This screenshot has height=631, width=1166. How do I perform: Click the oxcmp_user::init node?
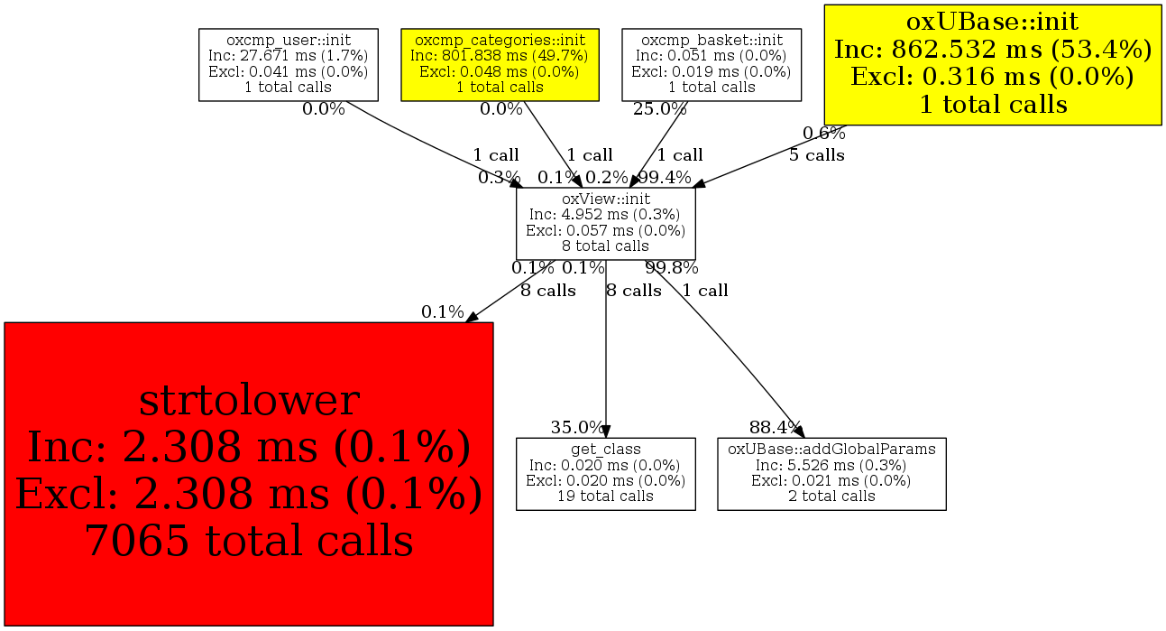[x=289, y=64]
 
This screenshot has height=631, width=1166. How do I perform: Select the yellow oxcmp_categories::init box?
[x=500, y=64]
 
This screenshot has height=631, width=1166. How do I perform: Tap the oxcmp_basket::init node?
[x=712, y=64]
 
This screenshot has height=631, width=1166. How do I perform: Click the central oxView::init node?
[x=605, y=222]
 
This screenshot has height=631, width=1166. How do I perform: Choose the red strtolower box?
[x=248, y=473]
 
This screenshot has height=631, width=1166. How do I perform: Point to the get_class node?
[x=605, y=473]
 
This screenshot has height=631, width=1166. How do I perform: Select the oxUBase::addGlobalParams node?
[x=831, y=473]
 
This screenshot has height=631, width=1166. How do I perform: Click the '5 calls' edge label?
[x=816, y=155]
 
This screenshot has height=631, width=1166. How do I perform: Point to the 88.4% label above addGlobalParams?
[x=775, y=427]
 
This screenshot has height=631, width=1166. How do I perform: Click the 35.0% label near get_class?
[x=577, y=427]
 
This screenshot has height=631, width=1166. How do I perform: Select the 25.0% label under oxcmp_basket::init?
[x=659, y=109]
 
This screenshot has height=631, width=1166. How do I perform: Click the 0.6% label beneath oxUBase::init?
[x=824, y=134]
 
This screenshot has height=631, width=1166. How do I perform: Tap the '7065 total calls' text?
[x=248, y=541]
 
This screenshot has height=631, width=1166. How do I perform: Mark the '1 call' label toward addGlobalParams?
[x=704, y=291]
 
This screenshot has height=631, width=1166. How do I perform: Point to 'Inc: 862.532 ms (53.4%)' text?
[x=993, y=50]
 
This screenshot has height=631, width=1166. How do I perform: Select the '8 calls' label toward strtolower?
[x=547, y=291]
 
